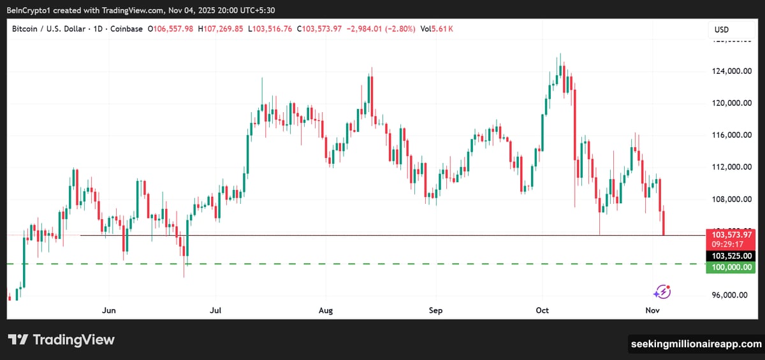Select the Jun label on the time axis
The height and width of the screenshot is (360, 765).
[x=109, y=310]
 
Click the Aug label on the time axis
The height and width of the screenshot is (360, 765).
[x=326, y=310]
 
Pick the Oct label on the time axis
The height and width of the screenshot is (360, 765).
[x=543, y=310]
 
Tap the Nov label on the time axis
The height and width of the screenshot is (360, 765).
[x=652, y=310]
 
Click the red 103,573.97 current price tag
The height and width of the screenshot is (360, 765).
[x=730, y=234]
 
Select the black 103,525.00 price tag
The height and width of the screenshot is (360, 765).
[x=730, y=256]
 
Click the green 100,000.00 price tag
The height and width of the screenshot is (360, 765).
[x=730, y=268]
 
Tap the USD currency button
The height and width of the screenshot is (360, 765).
[x=722, y=30]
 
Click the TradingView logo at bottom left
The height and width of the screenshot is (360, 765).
[x=61, y=340]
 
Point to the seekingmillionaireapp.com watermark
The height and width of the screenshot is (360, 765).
[x=696, y=344]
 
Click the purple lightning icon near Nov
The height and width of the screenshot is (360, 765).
[x=662, y=292]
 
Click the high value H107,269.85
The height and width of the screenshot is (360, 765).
[x=222, y=29]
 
